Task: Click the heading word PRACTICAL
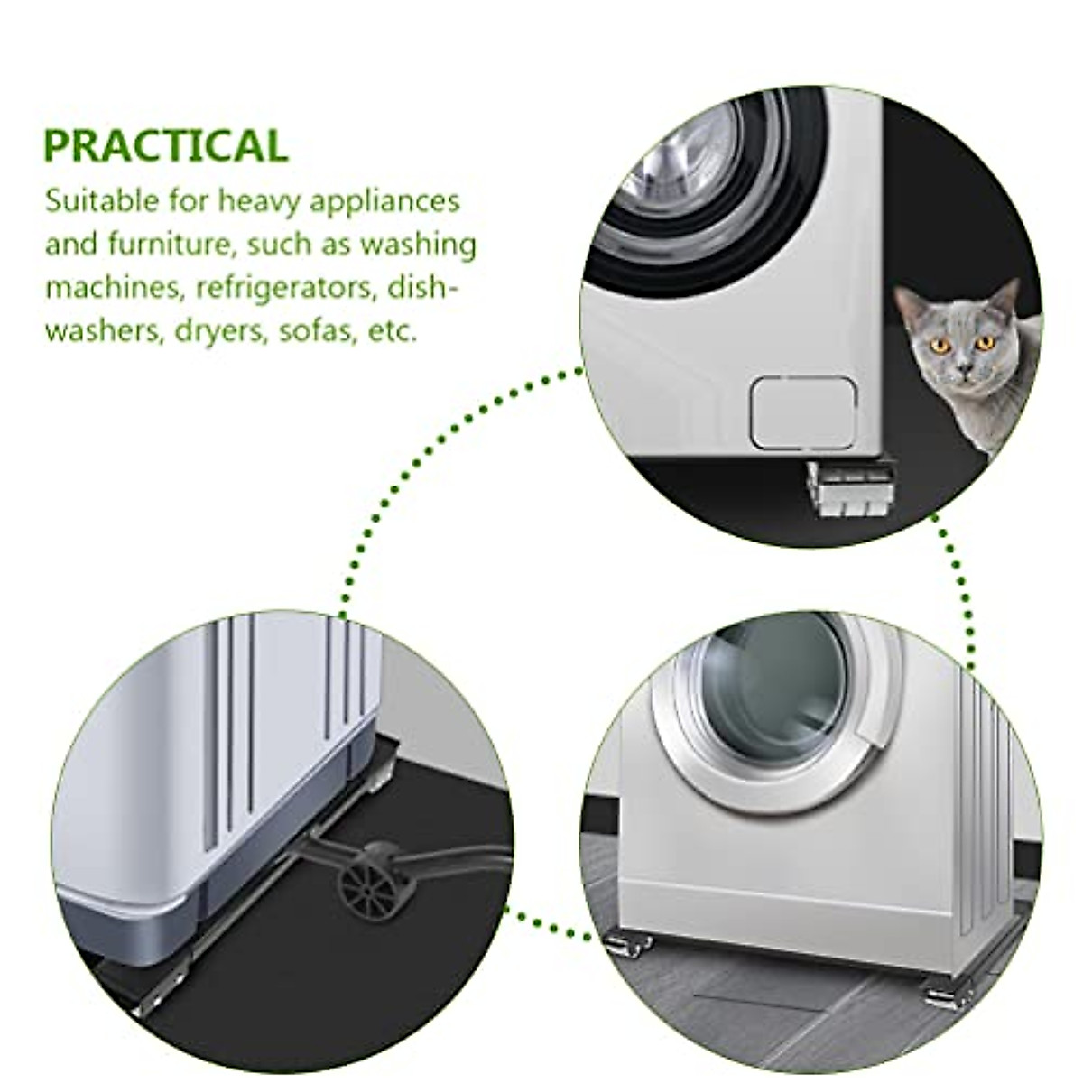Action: [165, 146]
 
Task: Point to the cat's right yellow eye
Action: [985, 342]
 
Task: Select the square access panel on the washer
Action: [802, 412]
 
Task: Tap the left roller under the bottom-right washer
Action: [627, 944]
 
